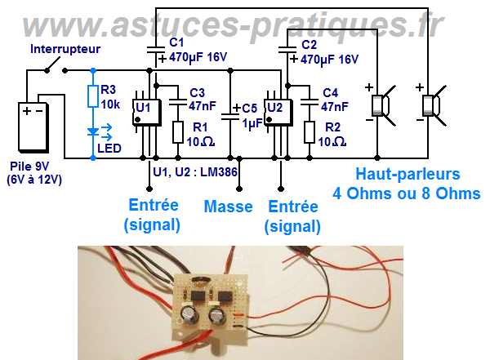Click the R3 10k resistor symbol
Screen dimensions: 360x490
[x=92, y=97]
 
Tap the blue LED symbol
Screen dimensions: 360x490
[x=92, y=130]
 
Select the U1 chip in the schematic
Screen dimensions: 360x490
[x=144, y=111]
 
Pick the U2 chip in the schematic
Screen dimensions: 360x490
[x=274, y=111]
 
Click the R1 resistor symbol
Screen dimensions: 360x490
[x=178, y=131]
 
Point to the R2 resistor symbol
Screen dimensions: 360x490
[x=310, y=131]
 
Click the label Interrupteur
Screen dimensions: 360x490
[x=65, y=49]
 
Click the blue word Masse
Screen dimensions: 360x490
[x=228, y=207]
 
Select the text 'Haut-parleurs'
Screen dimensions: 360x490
[x=406, y=174]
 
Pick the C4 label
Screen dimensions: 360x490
[x=331, y=92]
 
